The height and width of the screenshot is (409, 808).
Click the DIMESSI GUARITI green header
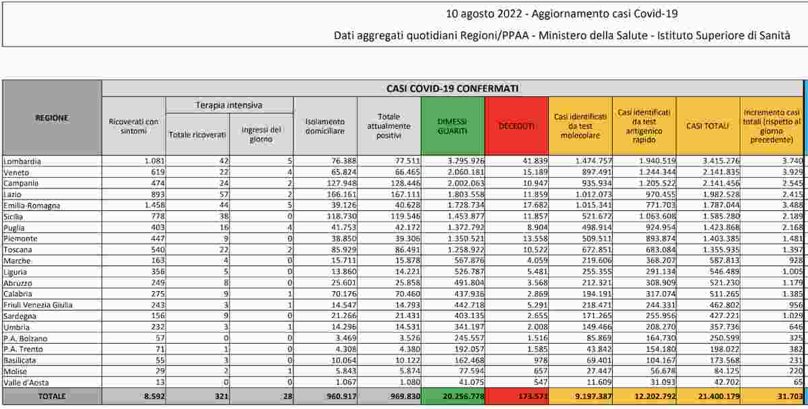(x=452, y=126)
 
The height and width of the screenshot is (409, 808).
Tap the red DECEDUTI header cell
(x=516, y=126)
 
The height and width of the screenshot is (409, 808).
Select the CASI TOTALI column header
(x=707, y=126)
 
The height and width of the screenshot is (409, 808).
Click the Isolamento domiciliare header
(x=325, y=126)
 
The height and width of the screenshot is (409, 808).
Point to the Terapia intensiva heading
(x=229, y=105)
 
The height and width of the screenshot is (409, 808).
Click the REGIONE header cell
(x=52, y=118)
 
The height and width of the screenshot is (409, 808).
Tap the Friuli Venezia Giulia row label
(x=38, y=305)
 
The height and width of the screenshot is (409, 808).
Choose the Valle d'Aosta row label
(x=26, y=382)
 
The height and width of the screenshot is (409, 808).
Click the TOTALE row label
(x=52, y=396)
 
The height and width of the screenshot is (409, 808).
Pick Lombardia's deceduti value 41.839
(x=530, y=162)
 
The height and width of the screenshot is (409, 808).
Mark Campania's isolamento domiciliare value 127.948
(x=335, y=183)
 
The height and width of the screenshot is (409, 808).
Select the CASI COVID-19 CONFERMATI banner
(x=452, y=88)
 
